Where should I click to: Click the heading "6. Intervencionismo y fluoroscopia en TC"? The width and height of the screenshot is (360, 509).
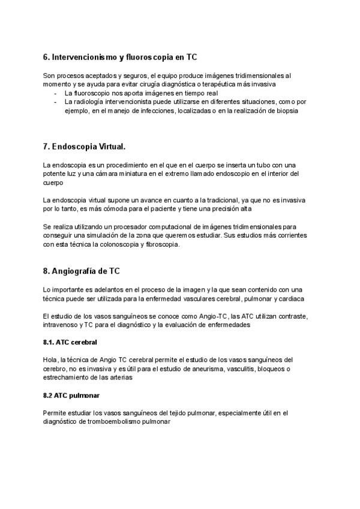click(120, 57)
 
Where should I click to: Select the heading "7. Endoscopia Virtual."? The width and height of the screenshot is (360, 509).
click(85, 147)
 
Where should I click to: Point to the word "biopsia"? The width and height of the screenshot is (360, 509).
click(286, 111)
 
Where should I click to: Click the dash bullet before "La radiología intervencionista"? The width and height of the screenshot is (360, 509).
click(56, 103)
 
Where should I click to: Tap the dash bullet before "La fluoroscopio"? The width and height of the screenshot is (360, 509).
click(56, 94)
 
